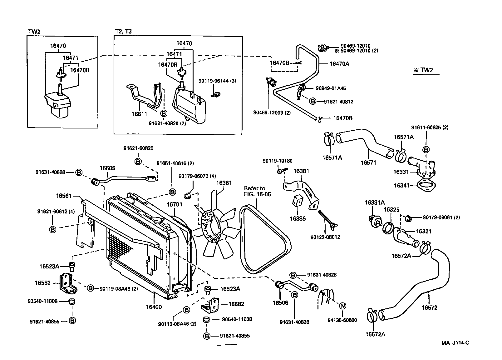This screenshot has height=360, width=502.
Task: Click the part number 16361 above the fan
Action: (x=224, y=183)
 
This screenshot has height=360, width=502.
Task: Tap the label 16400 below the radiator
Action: (x=154, y=307)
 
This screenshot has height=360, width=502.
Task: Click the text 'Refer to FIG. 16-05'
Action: (x=258, y=191)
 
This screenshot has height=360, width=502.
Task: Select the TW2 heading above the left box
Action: (x=34, y=32)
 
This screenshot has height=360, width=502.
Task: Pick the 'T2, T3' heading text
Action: (x=124, y=32)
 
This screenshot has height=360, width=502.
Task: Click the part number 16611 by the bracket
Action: (x=139, y=114)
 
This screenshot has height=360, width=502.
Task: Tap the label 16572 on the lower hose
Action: (x=429, y=307)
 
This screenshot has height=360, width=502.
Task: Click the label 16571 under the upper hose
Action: (x=368, y=162)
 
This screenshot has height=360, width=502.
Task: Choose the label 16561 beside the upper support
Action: (x=64, y=196)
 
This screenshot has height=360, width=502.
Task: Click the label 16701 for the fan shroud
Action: (x=174, y=204)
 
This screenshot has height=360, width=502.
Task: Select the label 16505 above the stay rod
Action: (x=107, y=168)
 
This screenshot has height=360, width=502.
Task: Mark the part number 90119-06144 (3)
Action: (x=217, y=81)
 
